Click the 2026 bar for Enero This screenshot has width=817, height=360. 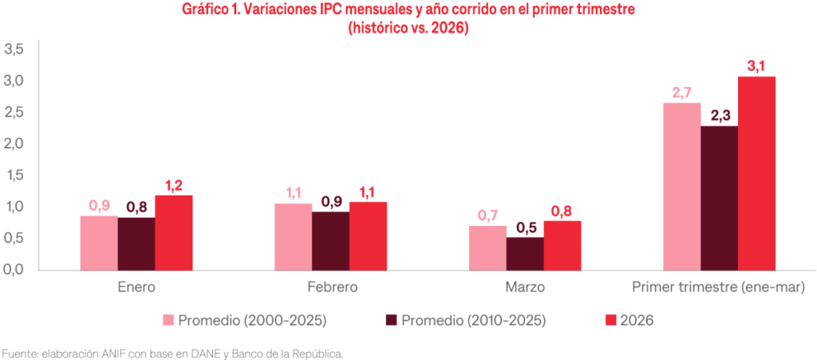click(173, 232)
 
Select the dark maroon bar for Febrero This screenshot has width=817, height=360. click(330, 240)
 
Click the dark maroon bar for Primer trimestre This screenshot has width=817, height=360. click(719, 197)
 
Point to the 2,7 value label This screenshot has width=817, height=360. click(681, 93)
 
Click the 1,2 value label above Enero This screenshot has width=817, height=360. click(174, 185)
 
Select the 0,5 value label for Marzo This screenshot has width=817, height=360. click(525, 227)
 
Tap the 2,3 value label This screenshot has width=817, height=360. click(719, 116)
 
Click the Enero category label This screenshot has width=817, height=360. click(136, 287)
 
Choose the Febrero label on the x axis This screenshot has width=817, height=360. click(331, 287)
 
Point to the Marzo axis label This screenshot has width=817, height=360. click(525, 287)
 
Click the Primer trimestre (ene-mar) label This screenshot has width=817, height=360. click(719, 287)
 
